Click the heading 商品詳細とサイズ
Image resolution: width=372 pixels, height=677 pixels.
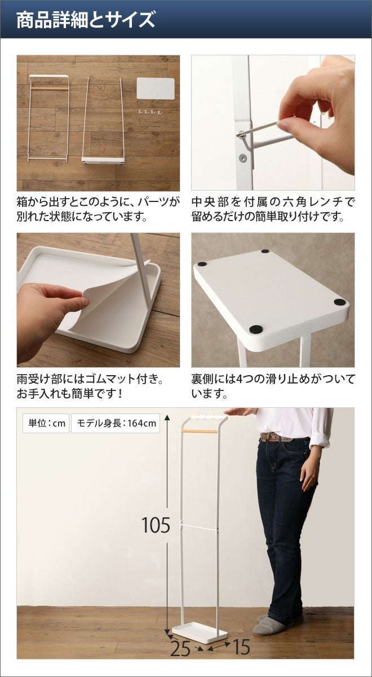[x=86, y=20]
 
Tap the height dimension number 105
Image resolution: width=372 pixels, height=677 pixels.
[x=156, y=525]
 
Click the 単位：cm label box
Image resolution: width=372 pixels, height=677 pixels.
[x=46, y=423]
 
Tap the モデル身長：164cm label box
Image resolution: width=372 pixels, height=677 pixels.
[x=116, y=423]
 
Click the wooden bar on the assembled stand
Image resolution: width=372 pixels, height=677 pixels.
[x=200, y=431]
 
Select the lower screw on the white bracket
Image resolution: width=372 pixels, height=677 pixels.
[x=242, y=157]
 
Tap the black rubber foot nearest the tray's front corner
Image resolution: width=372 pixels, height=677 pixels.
[x=256, y=328]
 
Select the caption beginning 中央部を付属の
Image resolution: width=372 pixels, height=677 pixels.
[x=273, y=209]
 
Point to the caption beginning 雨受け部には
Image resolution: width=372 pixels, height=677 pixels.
[x=90, y=386]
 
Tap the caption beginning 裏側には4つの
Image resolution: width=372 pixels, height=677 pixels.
[x=273, y=386]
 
